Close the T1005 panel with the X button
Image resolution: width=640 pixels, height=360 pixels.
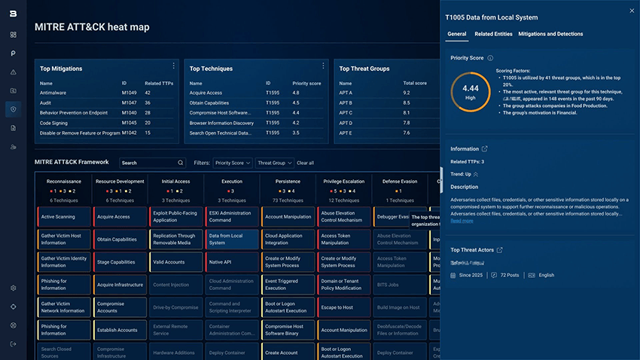[x=631, y=11]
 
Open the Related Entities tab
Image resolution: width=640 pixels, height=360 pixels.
[x=493, y=34]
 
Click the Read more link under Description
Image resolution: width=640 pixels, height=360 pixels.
[x=462, y=221]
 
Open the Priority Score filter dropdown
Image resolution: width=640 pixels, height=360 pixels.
[x=233, y=163]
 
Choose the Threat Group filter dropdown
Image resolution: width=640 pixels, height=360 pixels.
[x=274, y=163]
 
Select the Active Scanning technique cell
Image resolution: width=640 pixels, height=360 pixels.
[x=63, y=217]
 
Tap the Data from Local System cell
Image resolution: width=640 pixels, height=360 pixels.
[x=232, y=239]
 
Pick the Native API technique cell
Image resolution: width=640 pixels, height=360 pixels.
[x=232, y=262]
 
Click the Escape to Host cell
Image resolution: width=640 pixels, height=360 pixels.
[x=344, y=307]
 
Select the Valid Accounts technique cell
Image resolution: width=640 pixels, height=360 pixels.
[x=176, y=262]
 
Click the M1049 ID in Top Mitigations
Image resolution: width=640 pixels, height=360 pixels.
[x=130, y=93]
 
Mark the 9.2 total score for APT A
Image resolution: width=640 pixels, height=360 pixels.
[x=407, y=93]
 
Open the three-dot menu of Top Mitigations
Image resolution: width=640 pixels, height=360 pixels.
[x=173, y=66]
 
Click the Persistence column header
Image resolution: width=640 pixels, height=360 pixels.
[x=288, y=181]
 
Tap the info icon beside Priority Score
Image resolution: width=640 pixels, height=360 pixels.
[x=490, y=58]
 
